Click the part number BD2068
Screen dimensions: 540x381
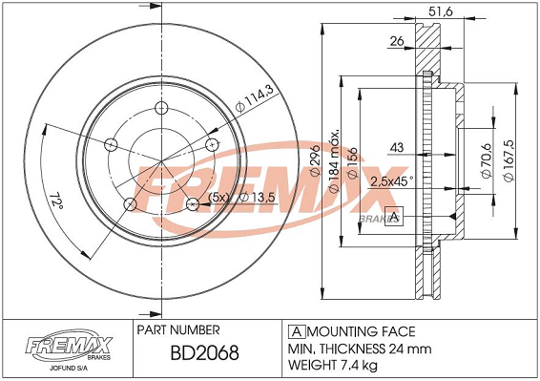(x=204, y=352)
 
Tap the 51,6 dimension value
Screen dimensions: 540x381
(x=441, y=11)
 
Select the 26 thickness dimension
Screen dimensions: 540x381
(x=397, y=41)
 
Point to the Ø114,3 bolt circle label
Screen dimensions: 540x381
(x=255, y=98)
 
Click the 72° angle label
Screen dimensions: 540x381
(x=56, y=200)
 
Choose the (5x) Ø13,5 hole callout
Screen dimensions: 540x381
(x=241, y=198)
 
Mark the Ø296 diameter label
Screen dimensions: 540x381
(x=315, y=160)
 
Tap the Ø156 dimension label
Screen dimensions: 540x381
(x=352, y=163)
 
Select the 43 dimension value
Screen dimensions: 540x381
(x=397, y=148)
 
